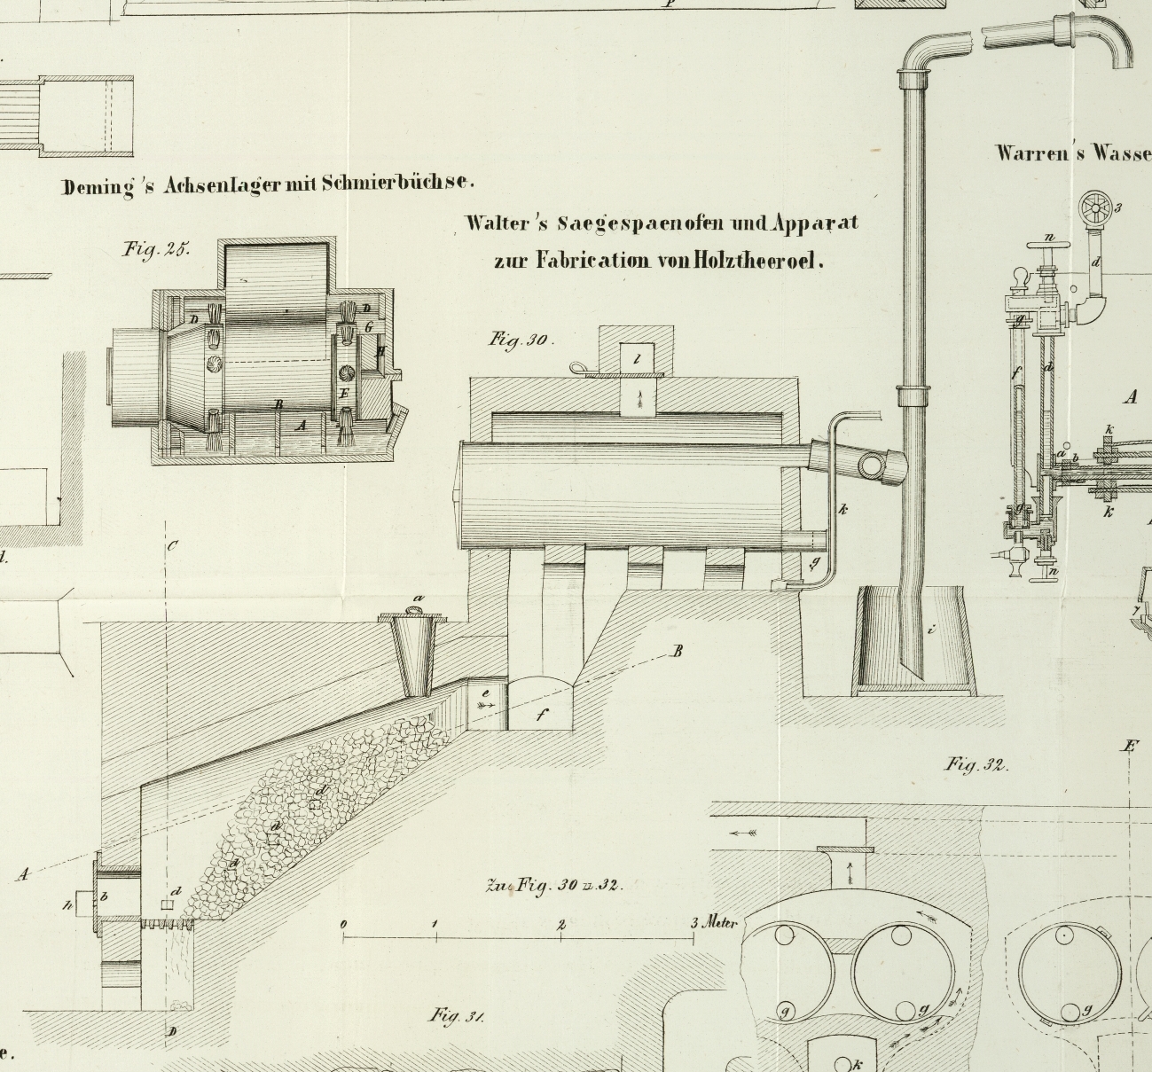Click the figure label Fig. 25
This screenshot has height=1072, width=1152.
(x=156, y=249)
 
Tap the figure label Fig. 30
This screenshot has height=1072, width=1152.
(x=521, y=340)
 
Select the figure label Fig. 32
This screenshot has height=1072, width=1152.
(x=976, y=763)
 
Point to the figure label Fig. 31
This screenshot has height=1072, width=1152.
(x=456, y=1015)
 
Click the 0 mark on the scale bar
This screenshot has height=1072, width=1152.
(x=344, y=924)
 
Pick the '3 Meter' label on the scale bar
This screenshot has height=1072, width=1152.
(x=714, y=922)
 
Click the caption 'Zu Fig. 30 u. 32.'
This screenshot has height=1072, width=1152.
(x=554, y=885)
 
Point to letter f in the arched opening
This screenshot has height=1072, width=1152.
(x=541, y=716)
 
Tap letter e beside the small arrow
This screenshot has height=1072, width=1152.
(x=485, y=692)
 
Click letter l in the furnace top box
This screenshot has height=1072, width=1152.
(x=637, y=359)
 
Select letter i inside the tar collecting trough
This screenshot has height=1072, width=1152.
(x=930, y=630)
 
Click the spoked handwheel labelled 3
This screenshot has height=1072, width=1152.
(x=1095, y=209)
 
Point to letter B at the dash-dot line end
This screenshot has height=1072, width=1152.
(x=678, y=652)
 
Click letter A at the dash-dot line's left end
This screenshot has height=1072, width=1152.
(x=23, y=874)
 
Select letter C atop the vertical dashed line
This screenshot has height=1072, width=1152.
(x=172, y=545)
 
